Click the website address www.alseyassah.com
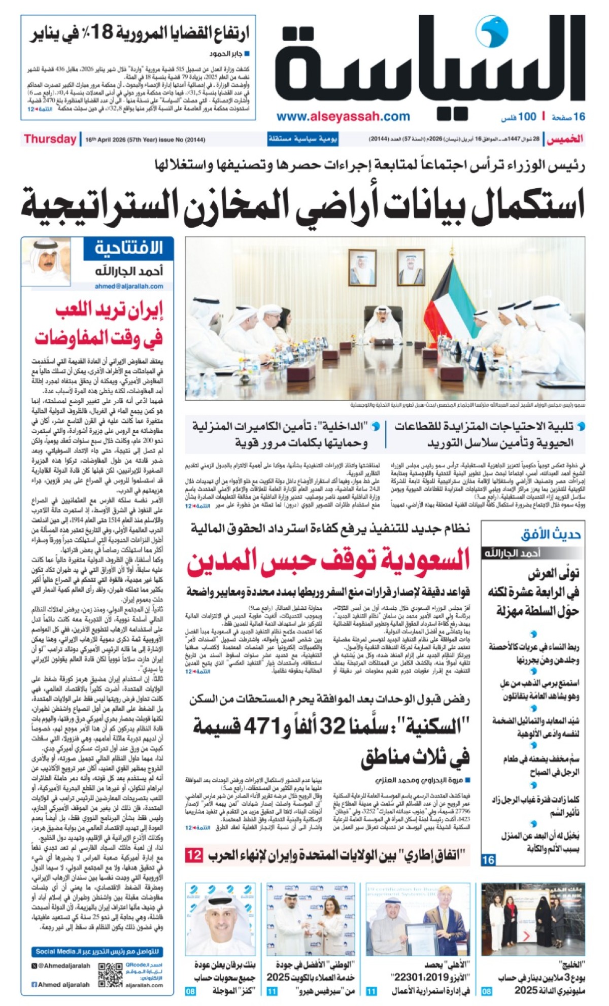click(343, 117)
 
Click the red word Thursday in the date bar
click(50, 139)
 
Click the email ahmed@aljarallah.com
click(129, 286)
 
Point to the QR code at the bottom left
click(110, 975)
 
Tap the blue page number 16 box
click(488, 859)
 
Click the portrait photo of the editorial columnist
click(46, 261)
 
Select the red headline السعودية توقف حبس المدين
click(329, 560)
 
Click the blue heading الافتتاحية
click(129, 248)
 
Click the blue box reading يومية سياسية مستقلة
click(303, 139)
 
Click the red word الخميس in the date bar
click(565, 139)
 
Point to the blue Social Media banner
click(97, 952)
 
